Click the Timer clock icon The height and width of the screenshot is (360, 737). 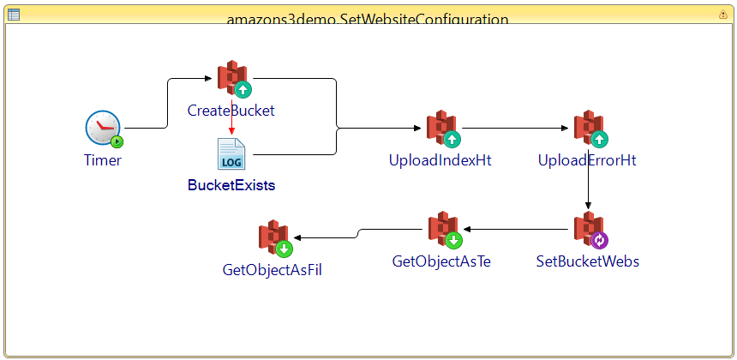pos(103,129)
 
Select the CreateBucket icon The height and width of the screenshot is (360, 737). pos(232,79)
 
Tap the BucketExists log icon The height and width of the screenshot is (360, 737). pos(231,154)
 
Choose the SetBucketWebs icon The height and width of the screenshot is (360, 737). pos(589,230)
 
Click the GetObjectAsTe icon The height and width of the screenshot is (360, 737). pos(443,230)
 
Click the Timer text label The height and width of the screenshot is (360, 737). pos(103,160)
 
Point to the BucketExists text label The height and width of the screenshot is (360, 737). pos(231,184)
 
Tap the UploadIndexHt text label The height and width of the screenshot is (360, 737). pos(440,160)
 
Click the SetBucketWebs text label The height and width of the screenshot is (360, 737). pos(587,261)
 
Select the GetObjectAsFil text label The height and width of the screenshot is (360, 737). pos(273,270)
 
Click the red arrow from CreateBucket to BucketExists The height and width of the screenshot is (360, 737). pos(231,116)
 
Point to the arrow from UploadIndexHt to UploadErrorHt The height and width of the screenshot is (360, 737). pos(514,129)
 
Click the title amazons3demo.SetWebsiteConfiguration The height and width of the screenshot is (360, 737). pos(368,18)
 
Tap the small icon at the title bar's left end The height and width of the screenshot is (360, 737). pos(13,14)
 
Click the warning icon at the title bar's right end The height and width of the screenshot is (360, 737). pos(722,15)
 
